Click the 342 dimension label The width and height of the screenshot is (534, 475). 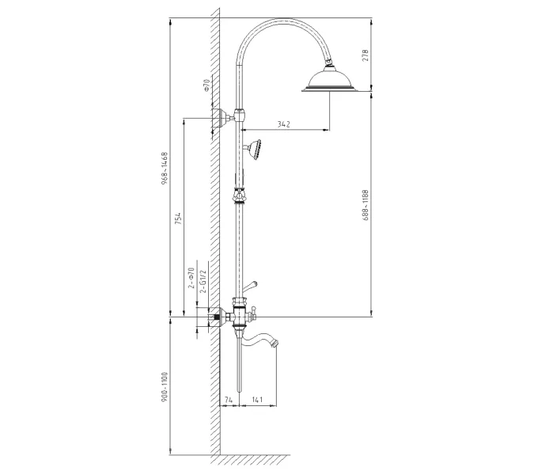pyautogui.click(x=283, y=124)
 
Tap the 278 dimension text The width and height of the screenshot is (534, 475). pyautogui.click(x=365, y=55)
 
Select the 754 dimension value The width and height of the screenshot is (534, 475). pyautogui.click(x=178, y=218)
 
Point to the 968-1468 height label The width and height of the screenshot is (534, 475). pyautogui.click(x=165, y=169)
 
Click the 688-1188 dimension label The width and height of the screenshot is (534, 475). pyautogui.click(x=365, y=205)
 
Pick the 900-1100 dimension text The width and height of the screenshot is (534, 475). pyautogui.click(x=165, y=387)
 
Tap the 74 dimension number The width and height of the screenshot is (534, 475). pyautogui.click(x=229, y=400)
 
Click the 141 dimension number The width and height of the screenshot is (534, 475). pyautogui.click(x=257, y=400)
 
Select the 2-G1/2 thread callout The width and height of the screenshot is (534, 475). pyautogui.click(x=203, y=281)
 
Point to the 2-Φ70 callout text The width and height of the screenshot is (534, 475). pyautogui.click(x=191, y=278)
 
